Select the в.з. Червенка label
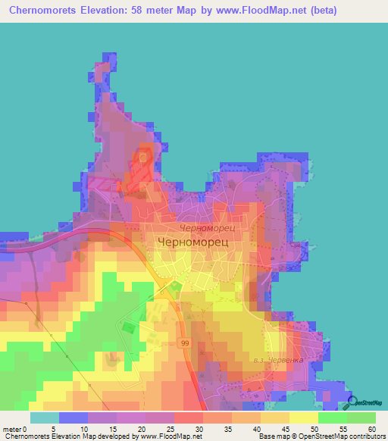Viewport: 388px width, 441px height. click(x=278, y=360)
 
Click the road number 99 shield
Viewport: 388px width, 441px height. click(x=185, y=342)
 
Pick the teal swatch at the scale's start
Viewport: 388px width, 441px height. click(x=45, y=418)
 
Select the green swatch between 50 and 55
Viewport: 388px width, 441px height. click(x=333, y=418)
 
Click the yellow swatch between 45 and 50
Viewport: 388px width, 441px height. click(x=304, y=418)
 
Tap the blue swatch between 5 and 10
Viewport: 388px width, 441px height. click(x=74, y=418)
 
